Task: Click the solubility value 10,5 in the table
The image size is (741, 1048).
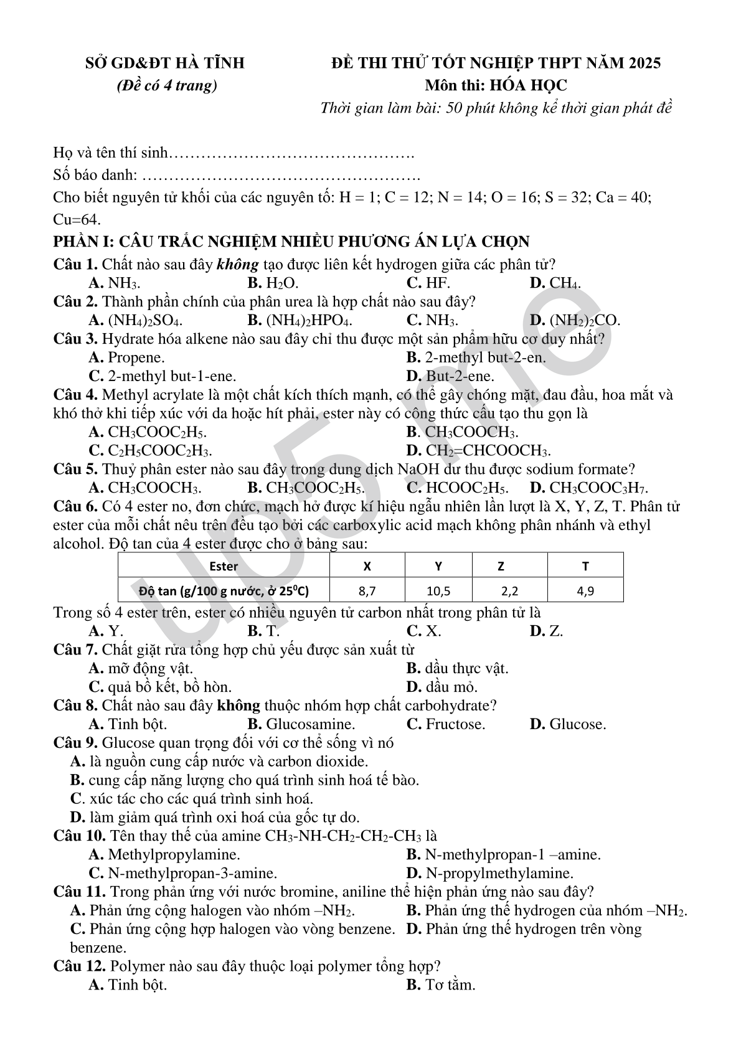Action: [438, 590]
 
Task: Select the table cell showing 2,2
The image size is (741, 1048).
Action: [509, 590]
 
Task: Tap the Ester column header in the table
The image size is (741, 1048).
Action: [224, 566]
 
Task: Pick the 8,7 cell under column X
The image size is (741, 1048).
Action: [367, 590]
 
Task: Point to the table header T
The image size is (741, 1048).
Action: [585, 566]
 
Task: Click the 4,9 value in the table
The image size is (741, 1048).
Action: [585, 590]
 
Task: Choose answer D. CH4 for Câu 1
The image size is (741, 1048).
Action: [555, 283]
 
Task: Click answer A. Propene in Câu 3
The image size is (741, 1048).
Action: [127, 357]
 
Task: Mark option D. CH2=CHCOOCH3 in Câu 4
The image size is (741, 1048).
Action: [478, 450]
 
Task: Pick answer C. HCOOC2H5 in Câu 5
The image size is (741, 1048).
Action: [457, 488]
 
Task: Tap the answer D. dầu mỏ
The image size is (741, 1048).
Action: [442, 687]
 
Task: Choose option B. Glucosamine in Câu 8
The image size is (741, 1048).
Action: [301, 724]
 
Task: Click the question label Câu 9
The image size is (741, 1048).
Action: [75, 743]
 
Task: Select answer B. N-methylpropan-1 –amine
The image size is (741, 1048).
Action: [503, 854]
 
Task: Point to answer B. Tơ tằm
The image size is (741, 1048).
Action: [441, 984]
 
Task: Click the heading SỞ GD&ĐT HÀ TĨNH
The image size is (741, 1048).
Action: [164, 63]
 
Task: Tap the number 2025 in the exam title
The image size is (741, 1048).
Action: [644, 63]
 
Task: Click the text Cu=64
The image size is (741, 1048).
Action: [77, 220]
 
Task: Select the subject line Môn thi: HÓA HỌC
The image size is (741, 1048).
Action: [496, 85]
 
